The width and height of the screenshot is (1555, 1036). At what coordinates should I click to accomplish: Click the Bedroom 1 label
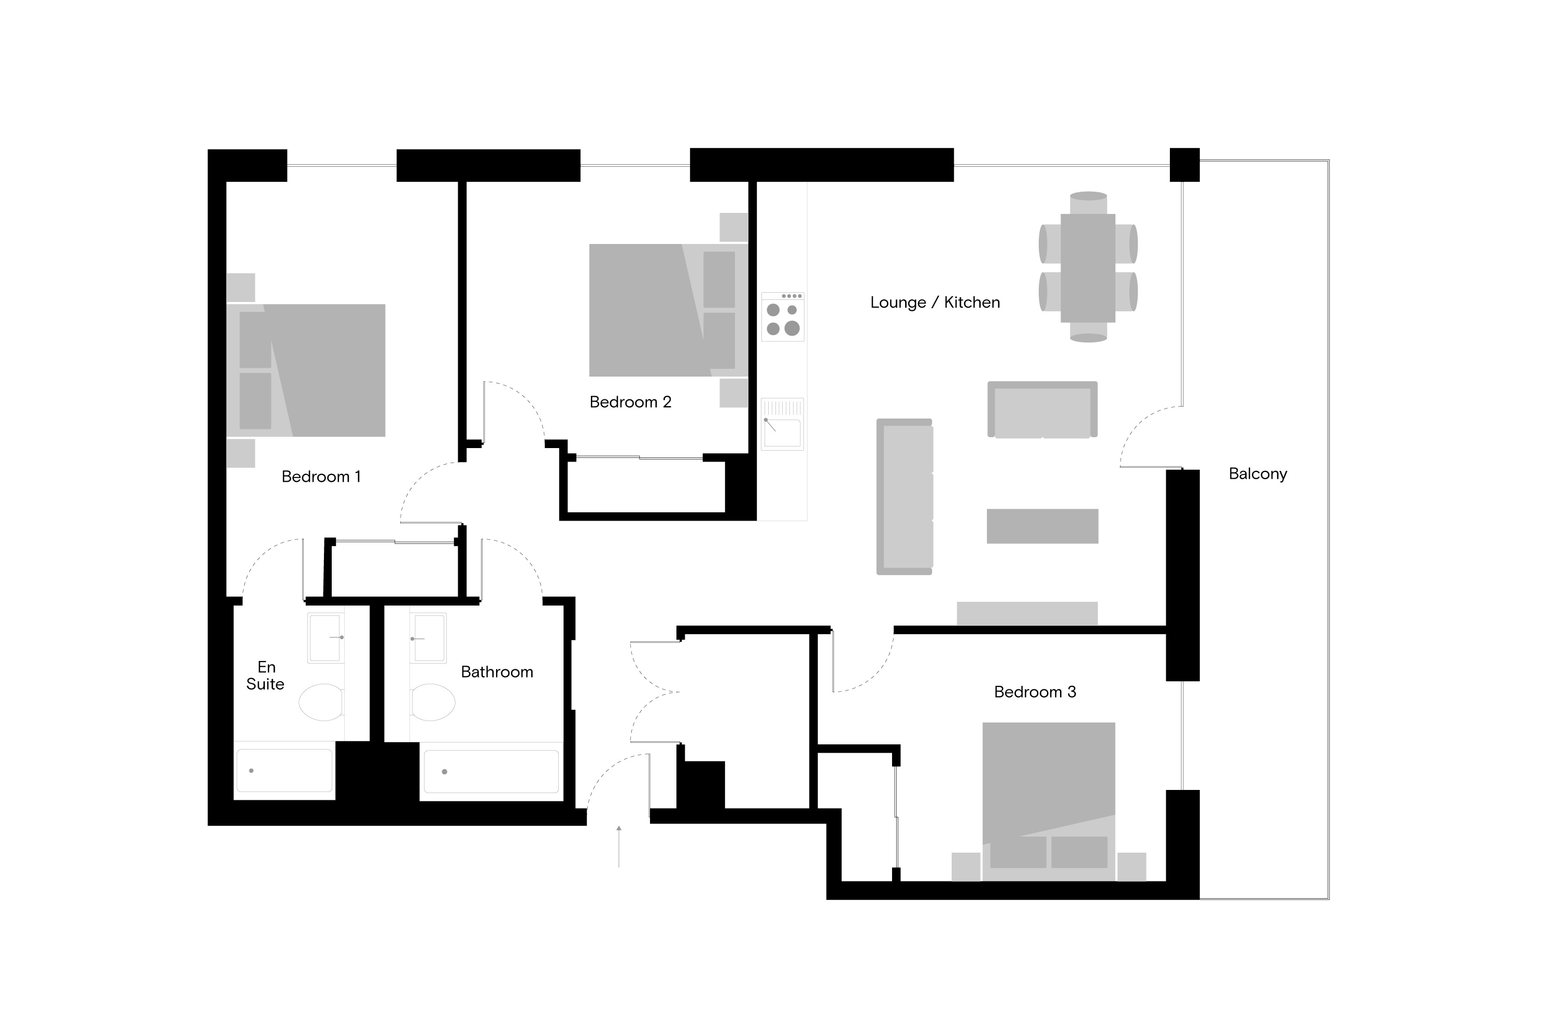[321, 477]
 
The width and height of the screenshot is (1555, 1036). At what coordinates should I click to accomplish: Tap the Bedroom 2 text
[630, 402]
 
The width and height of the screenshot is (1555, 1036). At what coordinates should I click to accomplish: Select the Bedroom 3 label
[1035, 692]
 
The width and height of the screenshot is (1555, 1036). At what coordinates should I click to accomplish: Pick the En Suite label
[265, 675]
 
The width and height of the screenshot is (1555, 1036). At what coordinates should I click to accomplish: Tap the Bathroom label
[497, 672]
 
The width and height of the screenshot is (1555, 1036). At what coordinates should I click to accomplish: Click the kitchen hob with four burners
[783, 317]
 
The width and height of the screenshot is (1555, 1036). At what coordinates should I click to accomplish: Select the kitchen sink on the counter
[783, 424]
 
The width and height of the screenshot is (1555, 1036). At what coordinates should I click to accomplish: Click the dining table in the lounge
[1087, 268]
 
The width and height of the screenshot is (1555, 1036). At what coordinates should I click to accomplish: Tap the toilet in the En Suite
[321, 702]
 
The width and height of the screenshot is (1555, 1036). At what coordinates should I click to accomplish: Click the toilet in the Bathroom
[433, 702]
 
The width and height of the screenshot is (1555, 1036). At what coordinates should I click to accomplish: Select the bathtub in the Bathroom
[491, 771]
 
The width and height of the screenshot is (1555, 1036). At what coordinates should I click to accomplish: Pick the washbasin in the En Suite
[326, 638]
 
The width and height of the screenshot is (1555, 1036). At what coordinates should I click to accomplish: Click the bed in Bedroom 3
[1049, 801]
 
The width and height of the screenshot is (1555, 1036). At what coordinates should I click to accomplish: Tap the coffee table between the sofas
[1042, 526]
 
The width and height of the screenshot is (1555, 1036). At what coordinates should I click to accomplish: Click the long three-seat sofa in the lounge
[905, 497]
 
